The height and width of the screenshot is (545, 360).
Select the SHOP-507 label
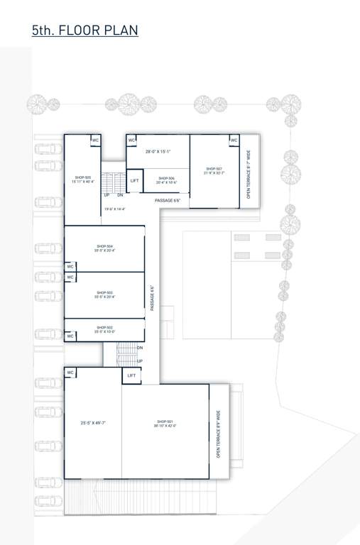pyautogui.click(x=214, y=169)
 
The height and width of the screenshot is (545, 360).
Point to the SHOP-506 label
pyautogui.click(x=166, y=178)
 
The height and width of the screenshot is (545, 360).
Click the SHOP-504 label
pyautogui.click(x=104, y=246)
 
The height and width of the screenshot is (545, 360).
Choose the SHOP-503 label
pyautogui.click(x=104, y=292)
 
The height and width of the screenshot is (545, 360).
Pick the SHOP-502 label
pyautogui.click(x=104, y=327)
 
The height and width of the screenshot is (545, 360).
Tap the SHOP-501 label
pyautogui.click(x=165, y=422)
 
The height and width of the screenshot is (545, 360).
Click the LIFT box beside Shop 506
pyautogui.click(x=134, y=181)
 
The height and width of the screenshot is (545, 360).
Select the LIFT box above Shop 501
pyautogui.click(x=131, y=375)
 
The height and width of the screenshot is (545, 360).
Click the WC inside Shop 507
pyautogui.click(x=234, y=141)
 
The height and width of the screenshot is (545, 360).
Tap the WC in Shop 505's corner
pyautogui.click(x=94, y=141)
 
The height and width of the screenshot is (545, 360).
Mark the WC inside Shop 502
pyautogui.click(x=70, y=334)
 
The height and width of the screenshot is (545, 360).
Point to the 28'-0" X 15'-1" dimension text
pyautogui.click(x=158, y=152)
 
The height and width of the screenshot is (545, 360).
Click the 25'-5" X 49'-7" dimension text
pyautogui.click(x=94, y=422)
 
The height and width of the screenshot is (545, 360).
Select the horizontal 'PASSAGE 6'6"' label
pyautogui.click(x=168, y=201)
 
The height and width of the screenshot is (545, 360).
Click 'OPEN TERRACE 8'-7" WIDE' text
pyautogui.click(x=249, y=172)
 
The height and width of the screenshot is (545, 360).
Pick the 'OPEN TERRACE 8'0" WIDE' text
pyautogui.click(x=219, y=433)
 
